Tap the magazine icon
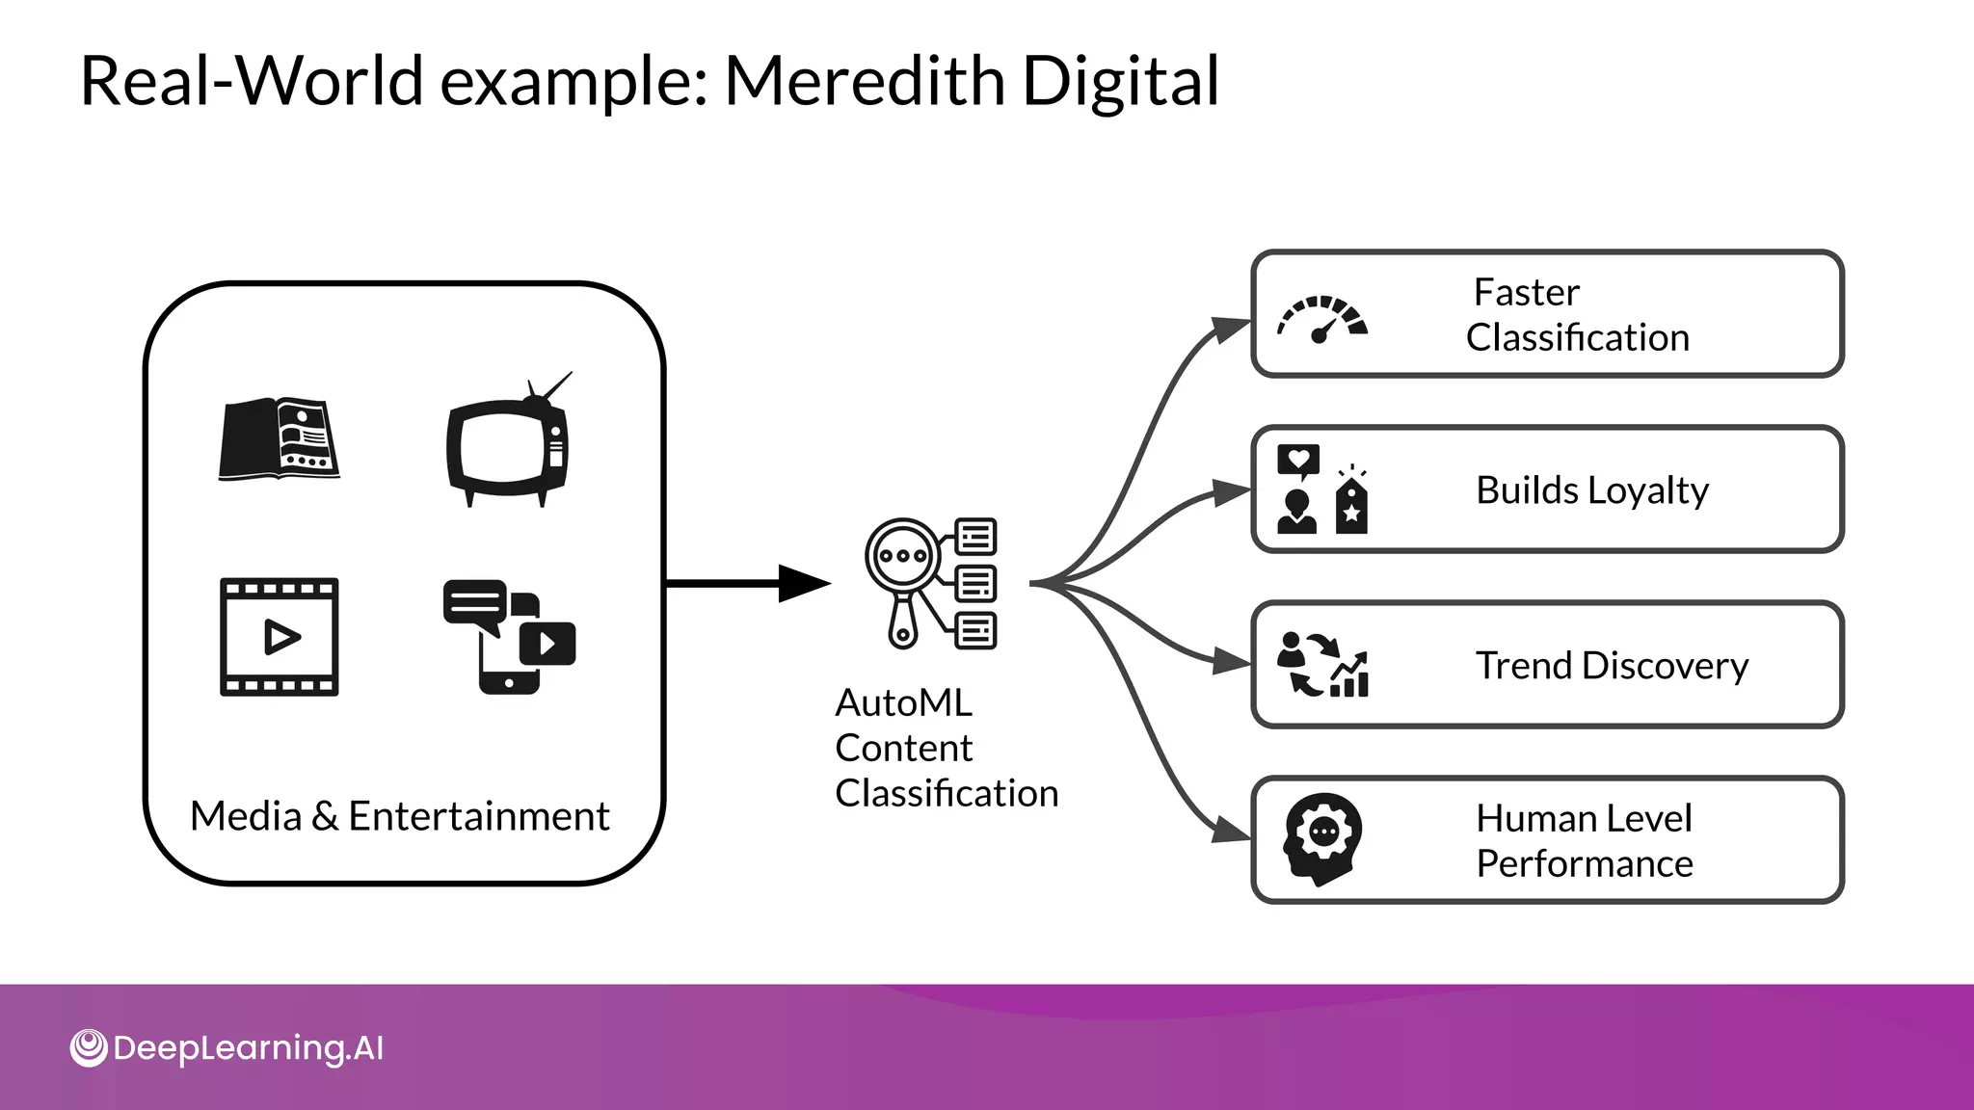(279, 439)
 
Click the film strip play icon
(279, 637)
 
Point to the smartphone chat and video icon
(509, 636)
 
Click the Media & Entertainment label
(399, 816)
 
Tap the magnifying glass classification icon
(930, 583)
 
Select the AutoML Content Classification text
(946, 748)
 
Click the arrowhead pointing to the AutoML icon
(803, 583)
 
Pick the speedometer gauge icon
(1322, 318)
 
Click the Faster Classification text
(1577, 314)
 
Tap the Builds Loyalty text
(1591, 489)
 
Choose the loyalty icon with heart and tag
(1321, 489)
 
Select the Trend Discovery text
(1611, 665)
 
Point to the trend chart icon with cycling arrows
(1322, 665)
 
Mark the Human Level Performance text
(1584, 840)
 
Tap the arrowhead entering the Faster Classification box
(1230, 330)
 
